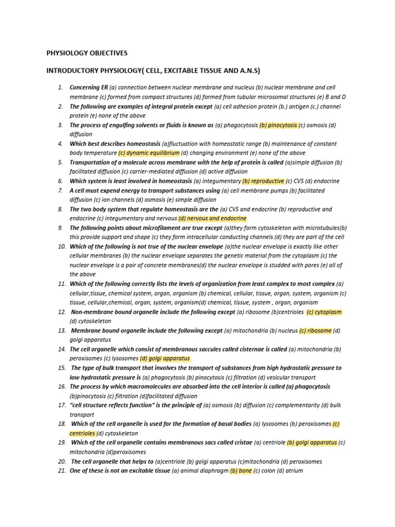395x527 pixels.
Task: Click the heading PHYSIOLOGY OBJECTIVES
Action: pyautogui.click(x=87, y=53)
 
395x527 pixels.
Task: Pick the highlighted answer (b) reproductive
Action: pyautogui.click(x=263, y=181)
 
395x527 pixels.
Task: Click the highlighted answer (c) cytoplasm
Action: pyautogui.click(x=324, y=312)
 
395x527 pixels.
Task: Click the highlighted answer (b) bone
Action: pyautogui.click(x=240, y=470)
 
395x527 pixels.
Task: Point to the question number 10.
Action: pyautogui.click(x=61, y=247)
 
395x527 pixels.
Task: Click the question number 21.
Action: pyautogui.click(x=61, y=470)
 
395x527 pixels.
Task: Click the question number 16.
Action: pyautogui.click(x=61, y=387)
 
